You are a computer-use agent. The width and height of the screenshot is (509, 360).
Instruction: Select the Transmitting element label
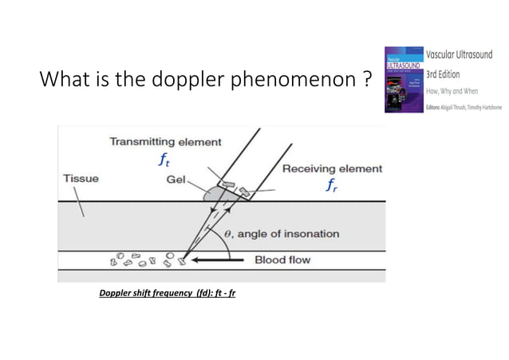pyautogui.click(x=165, y=142)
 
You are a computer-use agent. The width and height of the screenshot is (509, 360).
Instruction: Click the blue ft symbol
pyautogui.click(x=164, y=160)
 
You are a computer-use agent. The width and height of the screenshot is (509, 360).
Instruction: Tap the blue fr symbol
pyautogui.click(x=331, y=186)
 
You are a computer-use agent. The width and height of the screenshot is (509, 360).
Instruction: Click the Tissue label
pyautogui.click(x=81, y=178)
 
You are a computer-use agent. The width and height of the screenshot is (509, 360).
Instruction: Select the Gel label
pyautogui.click(x=176, y=179)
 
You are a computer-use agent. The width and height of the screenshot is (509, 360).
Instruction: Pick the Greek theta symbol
pyautogui.click(x=229, y=234)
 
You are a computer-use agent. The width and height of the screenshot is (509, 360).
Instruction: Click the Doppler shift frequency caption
pyautogui.click(x=167, y=293)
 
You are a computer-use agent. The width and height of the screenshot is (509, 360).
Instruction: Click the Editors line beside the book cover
pyautogui.click(x=466, y=106)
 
